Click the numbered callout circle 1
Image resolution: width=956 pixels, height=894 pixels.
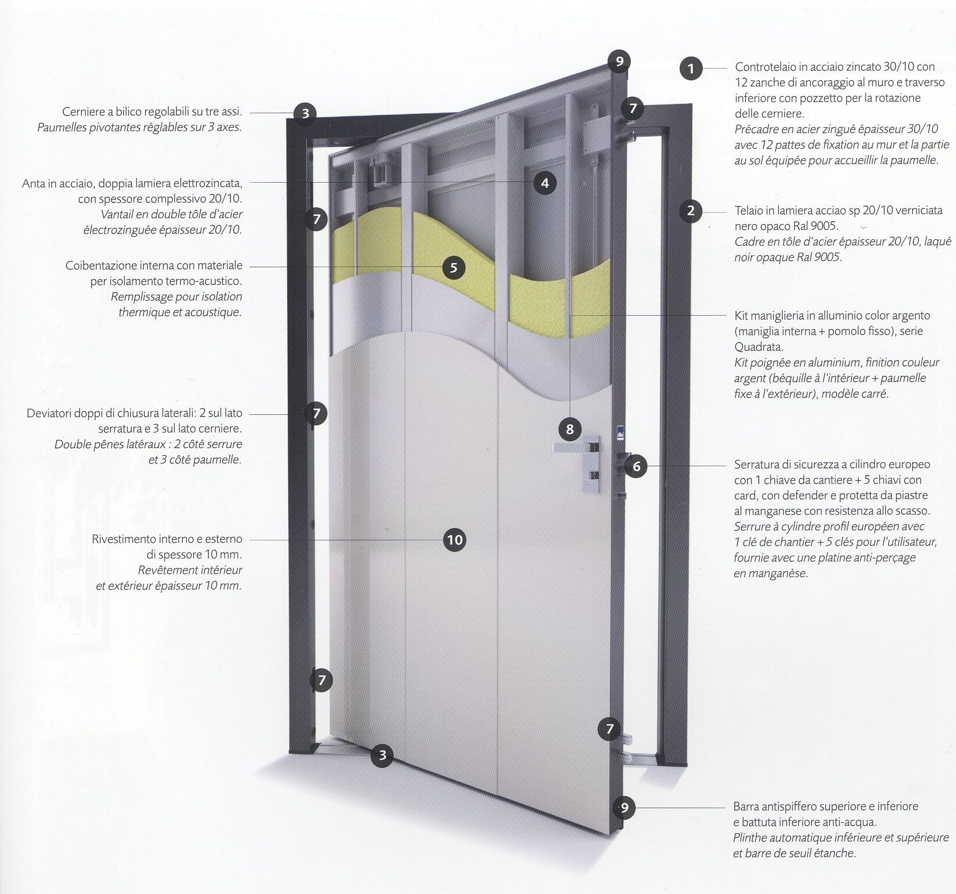pos(691,69)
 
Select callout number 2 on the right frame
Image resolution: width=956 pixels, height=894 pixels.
pos(690,211)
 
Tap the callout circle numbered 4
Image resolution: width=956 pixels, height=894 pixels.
pos(545,183)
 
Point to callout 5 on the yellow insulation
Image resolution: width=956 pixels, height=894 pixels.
pos(453,268)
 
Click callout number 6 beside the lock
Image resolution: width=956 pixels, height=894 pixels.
pos(636,466)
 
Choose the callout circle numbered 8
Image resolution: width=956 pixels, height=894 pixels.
pos(570,430)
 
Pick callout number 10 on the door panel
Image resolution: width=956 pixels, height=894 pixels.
pos(454,540)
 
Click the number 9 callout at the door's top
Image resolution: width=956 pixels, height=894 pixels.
pos(619,61)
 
